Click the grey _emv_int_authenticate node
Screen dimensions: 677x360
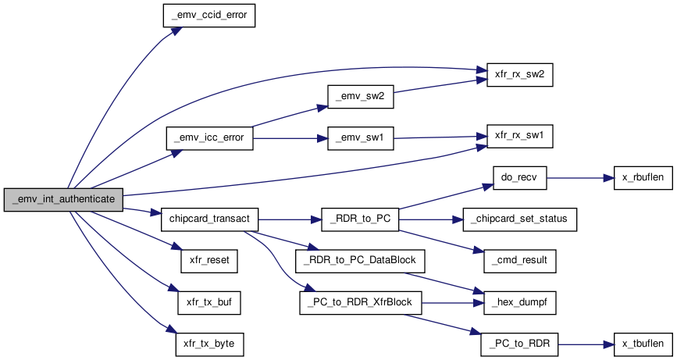tap(63, 199)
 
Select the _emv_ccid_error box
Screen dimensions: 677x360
tap(209, 16)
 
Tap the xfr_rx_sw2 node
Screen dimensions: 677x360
tap(520, 75)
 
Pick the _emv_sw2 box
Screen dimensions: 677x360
tap(361, 96)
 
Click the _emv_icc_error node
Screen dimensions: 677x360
tap(209, 138)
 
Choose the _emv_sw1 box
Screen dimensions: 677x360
tap(361, 138)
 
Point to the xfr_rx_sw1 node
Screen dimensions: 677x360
tap(520, 136)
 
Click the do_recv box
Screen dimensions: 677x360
tap(520, 177)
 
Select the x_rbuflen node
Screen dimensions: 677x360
tap(643, 177)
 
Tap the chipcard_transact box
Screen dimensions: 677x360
tap(209, 219)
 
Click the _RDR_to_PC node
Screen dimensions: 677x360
tap(360, 219)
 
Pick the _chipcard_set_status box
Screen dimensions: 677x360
tap(520, 219)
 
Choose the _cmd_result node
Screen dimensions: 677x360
tap(520, 261)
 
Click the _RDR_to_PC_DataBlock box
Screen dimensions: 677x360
tap(360, 261)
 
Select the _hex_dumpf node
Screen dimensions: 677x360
tap(520, 302)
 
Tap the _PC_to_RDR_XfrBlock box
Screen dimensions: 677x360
tap(360, 302)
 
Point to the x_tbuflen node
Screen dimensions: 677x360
tap(643, 344)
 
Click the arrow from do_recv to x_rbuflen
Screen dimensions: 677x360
tap(580, 177)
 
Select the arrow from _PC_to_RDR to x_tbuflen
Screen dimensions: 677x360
tap(586, 344)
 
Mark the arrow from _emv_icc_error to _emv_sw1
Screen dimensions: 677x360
tap(290, 138)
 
